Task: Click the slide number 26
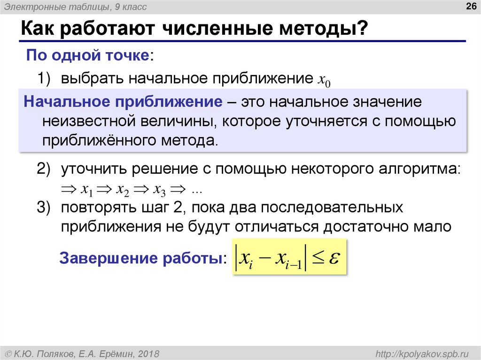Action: pyautogui.click(x=469, y=6)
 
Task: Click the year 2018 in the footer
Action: pyautogui.click(x=149, y=353)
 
